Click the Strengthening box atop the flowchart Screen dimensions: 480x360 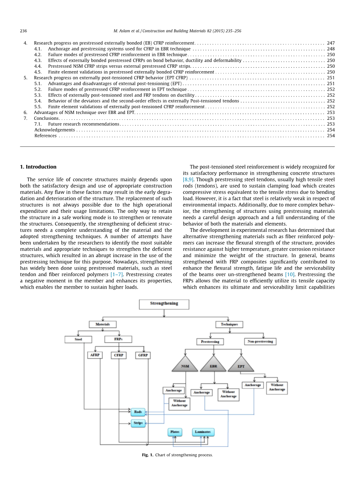tap(164, 304)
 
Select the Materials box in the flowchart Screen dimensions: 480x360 tap(103, 324)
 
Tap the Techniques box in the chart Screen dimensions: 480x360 tap(229, 324)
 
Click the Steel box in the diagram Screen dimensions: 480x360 tap(78, 340)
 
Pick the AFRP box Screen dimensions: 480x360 tap(95, 355)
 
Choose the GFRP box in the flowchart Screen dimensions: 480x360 tap(143, 355)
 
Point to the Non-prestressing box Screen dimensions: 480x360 tap(260, 342)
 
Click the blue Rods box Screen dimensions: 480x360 tap(138, 412)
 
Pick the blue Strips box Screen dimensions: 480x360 tap(138, 423)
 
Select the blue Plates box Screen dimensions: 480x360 tap(175, 432)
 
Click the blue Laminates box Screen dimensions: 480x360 tap(203, 432)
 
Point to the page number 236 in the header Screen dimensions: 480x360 tap(23, 31)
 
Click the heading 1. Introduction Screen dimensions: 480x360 tap(38, 167)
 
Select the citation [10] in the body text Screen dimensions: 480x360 tap(290, 274)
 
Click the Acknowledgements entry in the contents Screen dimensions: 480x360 tap(54, 130)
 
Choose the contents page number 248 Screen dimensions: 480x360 tap(330, 49)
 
